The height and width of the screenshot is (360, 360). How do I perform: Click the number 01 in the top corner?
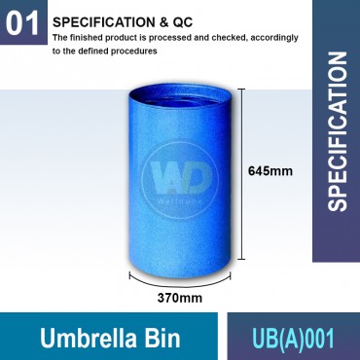point(21,26)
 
